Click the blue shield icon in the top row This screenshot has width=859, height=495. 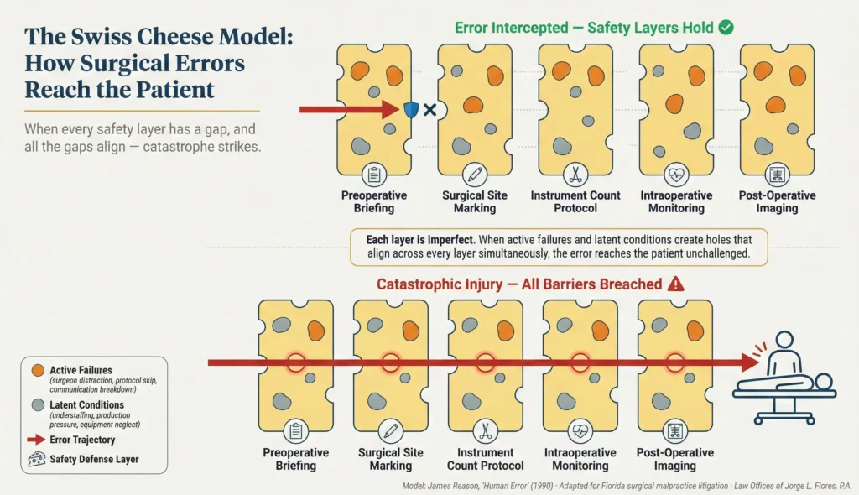tap(410, 110)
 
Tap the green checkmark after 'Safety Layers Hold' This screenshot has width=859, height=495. tap(726, 27)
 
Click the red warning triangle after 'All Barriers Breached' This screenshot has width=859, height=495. tap(675, 284)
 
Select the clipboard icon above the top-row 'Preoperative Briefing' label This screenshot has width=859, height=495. tap(373, 175)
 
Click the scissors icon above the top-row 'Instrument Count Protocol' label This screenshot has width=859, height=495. tap(575, 175)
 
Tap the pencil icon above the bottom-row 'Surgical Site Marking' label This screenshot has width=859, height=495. tap(390, 431)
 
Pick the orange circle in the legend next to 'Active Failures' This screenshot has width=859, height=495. tap(37, 370)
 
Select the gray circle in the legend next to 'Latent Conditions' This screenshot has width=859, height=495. tap(37, 405)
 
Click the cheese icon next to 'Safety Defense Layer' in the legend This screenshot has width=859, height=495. tap(37, 459)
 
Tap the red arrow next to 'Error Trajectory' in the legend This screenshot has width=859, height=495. tap(37, 440)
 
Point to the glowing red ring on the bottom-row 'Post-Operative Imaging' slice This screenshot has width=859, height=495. tap(674, 362)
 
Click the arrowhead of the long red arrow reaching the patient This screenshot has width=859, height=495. tap(748, 362)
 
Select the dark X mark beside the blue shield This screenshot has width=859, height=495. tap(429, 110)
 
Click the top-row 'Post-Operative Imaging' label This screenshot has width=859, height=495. tap(777, 201)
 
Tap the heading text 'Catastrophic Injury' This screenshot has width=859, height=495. tap(440, 284)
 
